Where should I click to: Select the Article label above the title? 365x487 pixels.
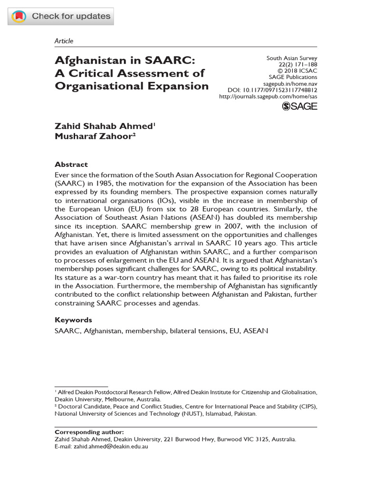pyautogui.click(x=64, y=41)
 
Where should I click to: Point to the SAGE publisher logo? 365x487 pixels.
pyautogui.click(x=299, y=107)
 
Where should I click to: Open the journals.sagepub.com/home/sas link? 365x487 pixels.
pyautogui.click(x=268, y=96)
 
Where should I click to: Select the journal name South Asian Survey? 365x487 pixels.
pyautogui.click(x=291, y=58)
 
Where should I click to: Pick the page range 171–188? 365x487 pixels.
pyautogui.click(x=304, y=65)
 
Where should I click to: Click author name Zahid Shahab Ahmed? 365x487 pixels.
pyautogui.click(x=104, y=126)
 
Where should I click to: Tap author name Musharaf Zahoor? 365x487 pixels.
pyautogui.click(x=95, y=136)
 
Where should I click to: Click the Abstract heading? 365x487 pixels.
pyautogui.click(x=71, y=165)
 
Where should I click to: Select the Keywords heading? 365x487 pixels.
pyautogui.click(x=73, y=320)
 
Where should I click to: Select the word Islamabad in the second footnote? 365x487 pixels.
pyautogui.click(x=205, y=414)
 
